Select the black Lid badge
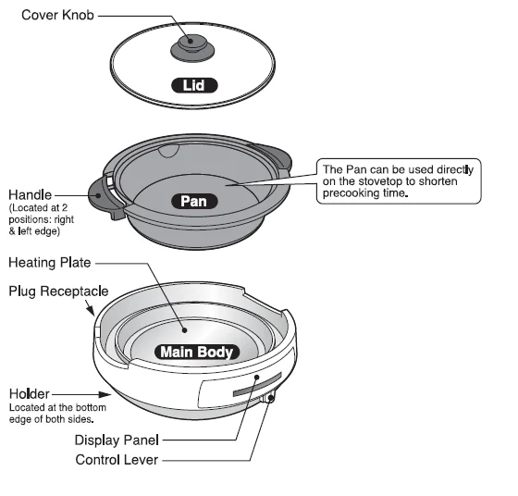(194, 86)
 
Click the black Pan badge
(193, 200)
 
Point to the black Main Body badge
(198, 352)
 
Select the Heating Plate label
(51, 263)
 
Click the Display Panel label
(117, 440)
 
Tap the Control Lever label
(117, 459)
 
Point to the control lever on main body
(268, 400)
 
